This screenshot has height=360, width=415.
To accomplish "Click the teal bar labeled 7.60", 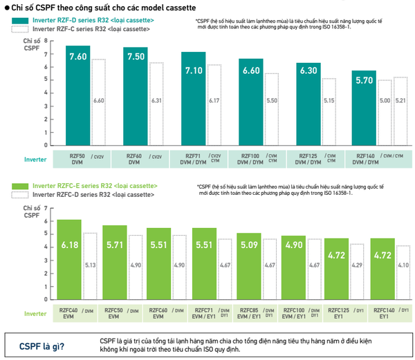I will tap(78, 97).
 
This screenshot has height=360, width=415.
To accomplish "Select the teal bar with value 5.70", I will tap(364, 111).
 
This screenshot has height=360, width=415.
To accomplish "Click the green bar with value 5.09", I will tap(249, 269).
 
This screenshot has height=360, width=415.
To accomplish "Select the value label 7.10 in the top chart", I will tap(193, 70).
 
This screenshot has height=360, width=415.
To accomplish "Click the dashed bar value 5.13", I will tap(89, 264).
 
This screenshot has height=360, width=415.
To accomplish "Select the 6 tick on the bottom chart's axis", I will tap(46, 221).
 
